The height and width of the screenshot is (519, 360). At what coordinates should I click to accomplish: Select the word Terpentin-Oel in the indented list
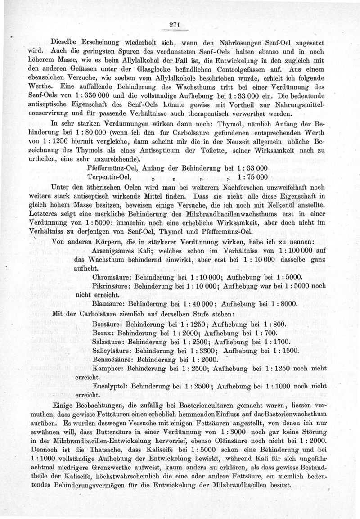click(x=111, y=177)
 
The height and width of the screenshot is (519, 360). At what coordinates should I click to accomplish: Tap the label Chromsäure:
click(x=111, y=276)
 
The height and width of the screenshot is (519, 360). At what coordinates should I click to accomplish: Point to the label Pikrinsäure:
click(x=112, y=286)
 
